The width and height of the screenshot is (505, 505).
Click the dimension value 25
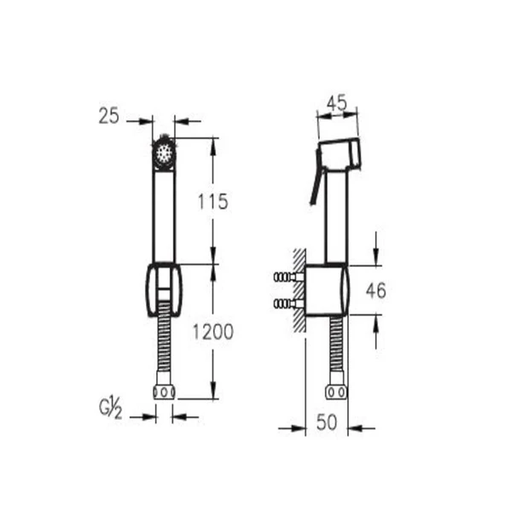[108, 116]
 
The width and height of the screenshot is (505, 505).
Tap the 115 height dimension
[213, 202]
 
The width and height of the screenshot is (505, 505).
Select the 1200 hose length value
[213, 332]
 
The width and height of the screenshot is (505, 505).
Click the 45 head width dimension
[337, 102]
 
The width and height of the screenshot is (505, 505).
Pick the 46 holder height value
[376, 291]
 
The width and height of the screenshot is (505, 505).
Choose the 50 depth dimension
[327, 422]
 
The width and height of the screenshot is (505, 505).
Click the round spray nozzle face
[165, 152]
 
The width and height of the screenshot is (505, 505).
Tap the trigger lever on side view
[316, 177]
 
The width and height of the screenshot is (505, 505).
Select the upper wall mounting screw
[288, 276]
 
